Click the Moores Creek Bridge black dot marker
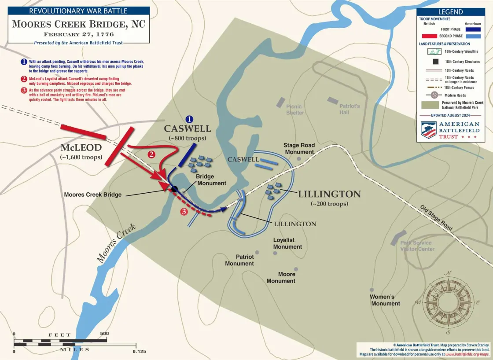(174, 189)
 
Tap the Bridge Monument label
(211, 180)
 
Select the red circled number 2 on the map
(151, 154)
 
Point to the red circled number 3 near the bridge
(184, 212)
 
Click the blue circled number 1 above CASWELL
(189, 119)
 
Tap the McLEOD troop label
(81, 148)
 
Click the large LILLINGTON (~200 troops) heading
(329, 194)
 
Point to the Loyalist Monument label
(287, 243)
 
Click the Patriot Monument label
(239, 260)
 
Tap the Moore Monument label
(281, 277)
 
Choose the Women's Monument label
(385, 300)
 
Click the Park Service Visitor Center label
(417, 246)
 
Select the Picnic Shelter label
(295, 110)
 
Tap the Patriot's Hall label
(350, 109)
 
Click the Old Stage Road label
(436, 217)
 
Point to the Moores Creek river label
(116, 243)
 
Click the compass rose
(448, 303)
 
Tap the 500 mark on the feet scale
(104, 334)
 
